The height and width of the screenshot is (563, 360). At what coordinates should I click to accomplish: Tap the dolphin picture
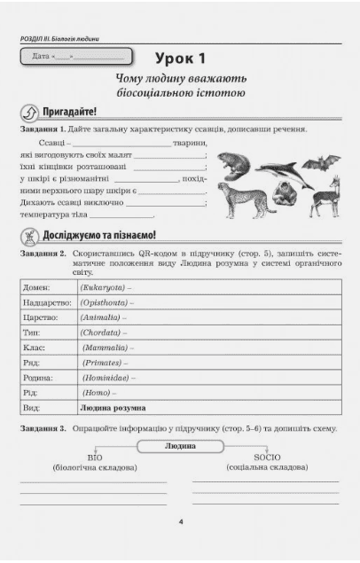(x=281, y=167)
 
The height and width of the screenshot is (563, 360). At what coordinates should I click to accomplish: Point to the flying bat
(x=321, y=161)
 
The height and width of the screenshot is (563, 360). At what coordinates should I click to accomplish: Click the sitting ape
(x=286, y=194)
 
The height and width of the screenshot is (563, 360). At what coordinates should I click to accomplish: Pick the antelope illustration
(x=325, y=192)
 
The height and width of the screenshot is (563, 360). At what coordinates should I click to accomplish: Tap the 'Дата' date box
(x=75, y=58)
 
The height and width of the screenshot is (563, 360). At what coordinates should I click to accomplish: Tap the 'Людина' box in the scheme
(x=180, y=445)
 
